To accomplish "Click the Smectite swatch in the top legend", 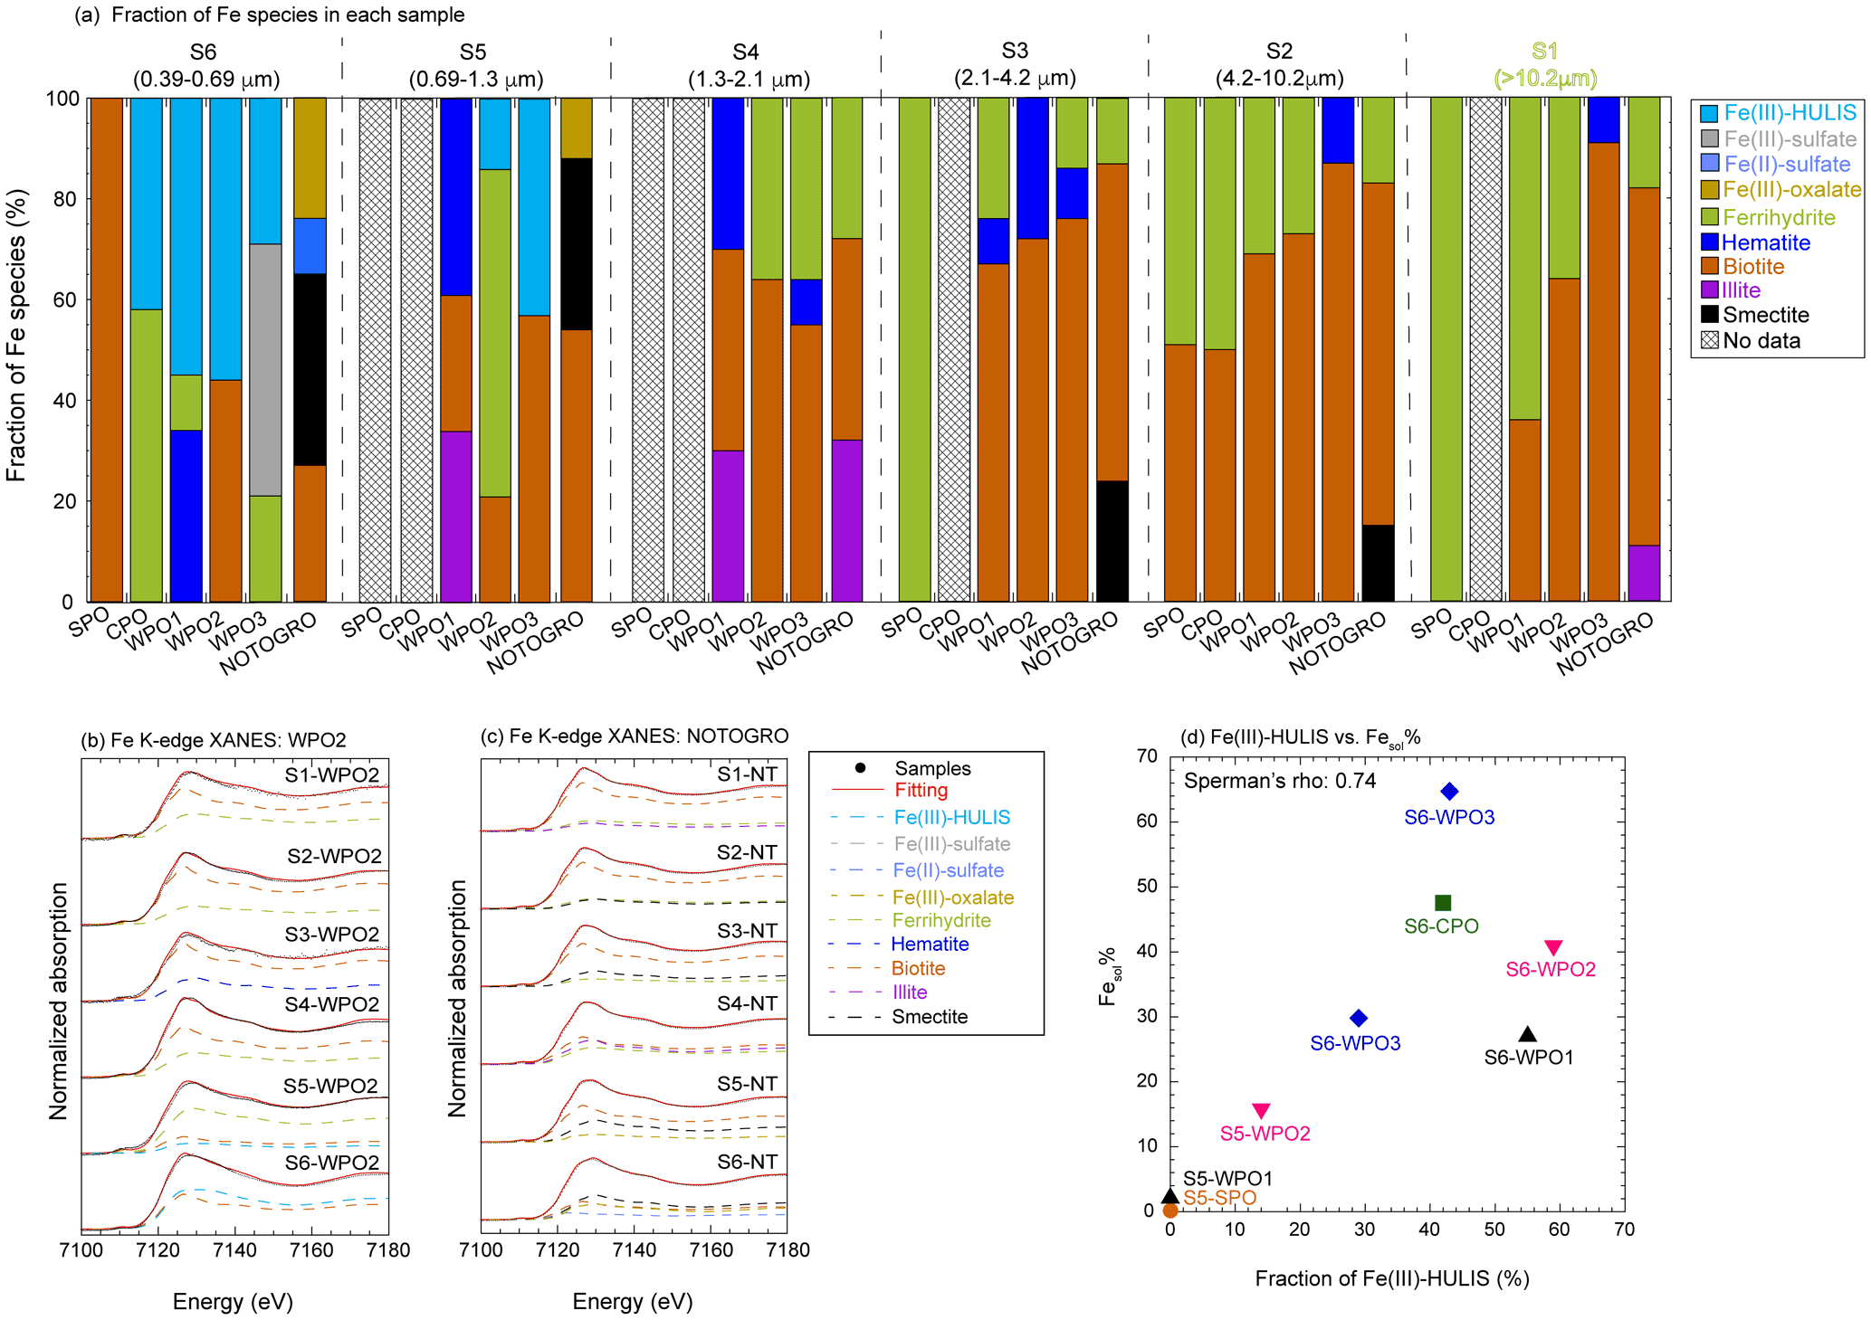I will [x=1709, y=315].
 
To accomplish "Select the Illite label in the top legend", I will [x=1741, y=290].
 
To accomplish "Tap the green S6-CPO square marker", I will [x=1443, y=903].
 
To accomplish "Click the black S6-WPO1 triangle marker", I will [x=1527, y=1034].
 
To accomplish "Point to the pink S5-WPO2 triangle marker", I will [x=1260, y=1110].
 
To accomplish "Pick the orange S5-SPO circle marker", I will [x=1170, y=1211].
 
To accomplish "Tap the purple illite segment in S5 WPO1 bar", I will [x=456, y=516].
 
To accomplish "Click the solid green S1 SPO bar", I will [x=1446, y=348].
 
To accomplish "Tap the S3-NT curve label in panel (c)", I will [x=747, y=931].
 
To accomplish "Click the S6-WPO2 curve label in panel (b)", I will [x=331, y=1163].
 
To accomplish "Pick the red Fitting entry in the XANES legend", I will [x=921, y=791].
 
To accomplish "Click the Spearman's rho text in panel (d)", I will [x=1279, y=781].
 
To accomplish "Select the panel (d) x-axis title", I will [x=1391, y=1278].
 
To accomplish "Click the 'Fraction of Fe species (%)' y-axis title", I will [x=16, y=335].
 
